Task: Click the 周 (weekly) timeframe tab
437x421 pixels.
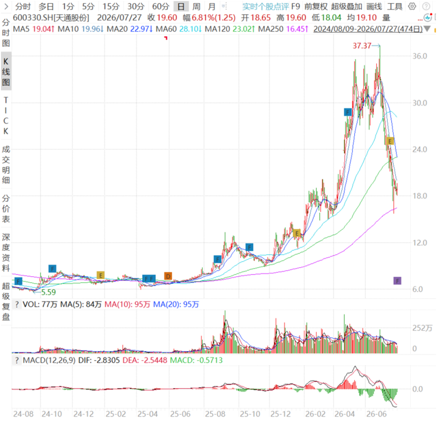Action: coord(196,6)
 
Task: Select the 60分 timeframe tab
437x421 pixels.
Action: coord(161,6)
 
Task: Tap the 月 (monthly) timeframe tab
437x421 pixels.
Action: coord(212,6)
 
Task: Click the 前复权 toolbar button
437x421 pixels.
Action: coord(316,6)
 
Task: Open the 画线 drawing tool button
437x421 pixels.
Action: coord(374,6)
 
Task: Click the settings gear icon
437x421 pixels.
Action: coord(412,6)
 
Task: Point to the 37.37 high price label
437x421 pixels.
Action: coord(362,45)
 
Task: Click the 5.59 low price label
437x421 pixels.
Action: coord(48,292)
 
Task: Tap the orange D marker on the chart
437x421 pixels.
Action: coord(168,276)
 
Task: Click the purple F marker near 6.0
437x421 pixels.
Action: coord(397,281)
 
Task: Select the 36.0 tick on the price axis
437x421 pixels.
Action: coord(420,56)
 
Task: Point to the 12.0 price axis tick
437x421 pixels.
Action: coord(420,243)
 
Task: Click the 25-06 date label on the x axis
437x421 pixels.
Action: coord(180,414)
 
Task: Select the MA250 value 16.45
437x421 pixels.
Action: coord(297,29)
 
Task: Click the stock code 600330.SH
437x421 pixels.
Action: coord(33,18)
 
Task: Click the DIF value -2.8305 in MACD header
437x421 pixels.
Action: coord(107,360)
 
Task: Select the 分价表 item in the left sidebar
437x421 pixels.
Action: coord(6,209)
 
